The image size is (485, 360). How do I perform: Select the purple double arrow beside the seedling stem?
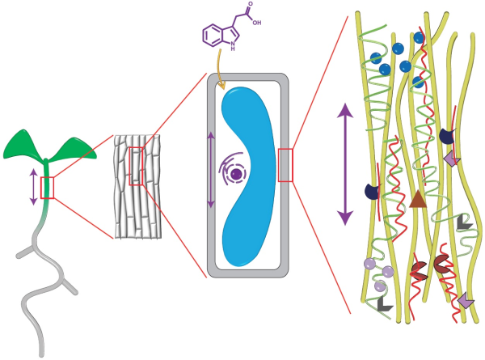click(33, 185)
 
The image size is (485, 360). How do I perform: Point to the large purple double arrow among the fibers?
click(346, 163)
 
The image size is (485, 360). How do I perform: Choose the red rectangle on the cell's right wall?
click(285, 165)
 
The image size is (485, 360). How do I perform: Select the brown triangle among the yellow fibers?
click(417, 199)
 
